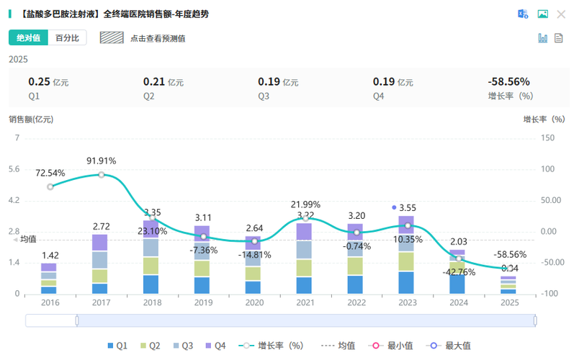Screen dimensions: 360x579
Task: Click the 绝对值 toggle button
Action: (28, 38)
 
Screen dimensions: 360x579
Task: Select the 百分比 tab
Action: (67, 38)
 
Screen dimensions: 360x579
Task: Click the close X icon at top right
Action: (561, 14)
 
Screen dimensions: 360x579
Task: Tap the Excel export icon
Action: (524, 14)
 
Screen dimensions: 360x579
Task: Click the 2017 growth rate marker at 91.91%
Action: (102, 174)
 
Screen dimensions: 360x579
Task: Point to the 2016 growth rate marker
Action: (50, 186)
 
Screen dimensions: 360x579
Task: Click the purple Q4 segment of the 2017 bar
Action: (99, 243)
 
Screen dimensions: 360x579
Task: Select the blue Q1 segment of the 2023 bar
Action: (406, 282)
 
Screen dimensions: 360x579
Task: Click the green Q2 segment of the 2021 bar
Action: (304, 267)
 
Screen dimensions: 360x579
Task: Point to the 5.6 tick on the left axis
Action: (14, 169)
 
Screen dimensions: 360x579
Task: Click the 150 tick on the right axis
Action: (547, 138)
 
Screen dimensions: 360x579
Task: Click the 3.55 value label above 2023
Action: (408, 207)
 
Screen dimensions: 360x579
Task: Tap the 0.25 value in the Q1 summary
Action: (38, 82)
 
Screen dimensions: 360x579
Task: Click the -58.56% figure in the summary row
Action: (508, 82)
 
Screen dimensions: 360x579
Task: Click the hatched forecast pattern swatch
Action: (112, 38)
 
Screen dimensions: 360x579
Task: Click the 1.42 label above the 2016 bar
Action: (50, 255)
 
